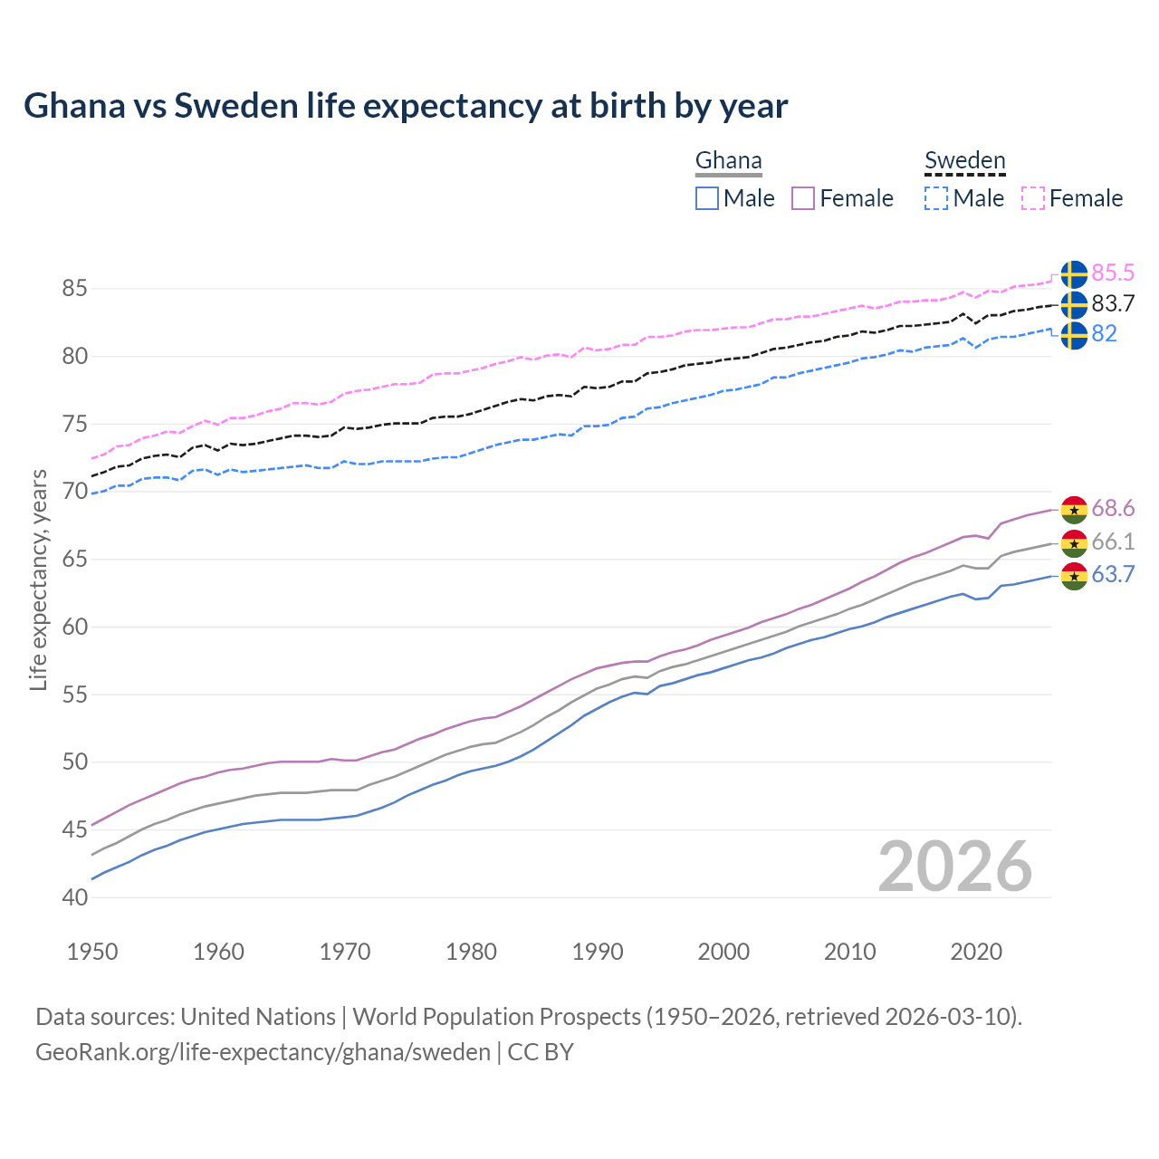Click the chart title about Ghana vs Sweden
click(x=406, y=106)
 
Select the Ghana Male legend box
click(x=707, y=198)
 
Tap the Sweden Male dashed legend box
click(x=936, y=198)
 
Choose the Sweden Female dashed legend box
click(x=1033, y=198)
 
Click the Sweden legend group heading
click(x=964, y=161)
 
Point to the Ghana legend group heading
click(x=728, y=161)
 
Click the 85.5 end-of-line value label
click(x=1113, y=273)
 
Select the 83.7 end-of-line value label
click(x=1113, y=304)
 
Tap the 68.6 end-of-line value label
click(x=1113, y=509)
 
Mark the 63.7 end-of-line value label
click(x=1113, y=575)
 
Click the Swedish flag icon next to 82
click(x=1074, y=335)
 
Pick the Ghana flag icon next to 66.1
click(x=1074, y=543)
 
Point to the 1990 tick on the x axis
click(x=598, y=952)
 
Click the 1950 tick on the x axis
click(x=92, y=952)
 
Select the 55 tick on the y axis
click(x=75, y=695)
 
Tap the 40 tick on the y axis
click(x=75, y=898)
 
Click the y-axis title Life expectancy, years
click(x=39, y=579)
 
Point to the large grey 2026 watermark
click(x=955, y=867)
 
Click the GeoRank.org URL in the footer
click(x=263, y=1052)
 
